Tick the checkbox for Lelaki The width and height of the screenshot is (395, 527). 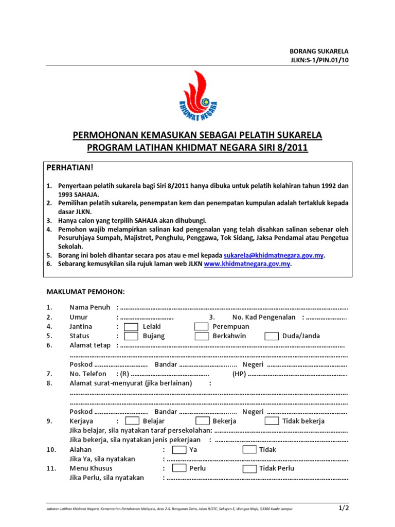(131, 327)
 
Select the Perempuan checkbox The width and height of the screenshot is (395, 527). (201, 327)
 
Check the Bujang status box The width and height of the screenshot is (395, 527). (131, 336)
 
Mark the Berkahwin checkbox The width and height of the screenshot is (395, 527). (201, 336)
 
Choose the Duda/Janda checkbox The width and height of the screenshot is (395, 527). (272, 336)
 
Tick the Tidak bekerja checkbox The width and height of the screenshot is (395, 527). (272, 421)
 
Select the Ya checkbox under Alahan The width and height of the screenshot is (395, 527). (179, 449)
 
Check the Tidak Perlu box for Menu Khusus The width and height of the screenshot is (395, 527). (249, 468)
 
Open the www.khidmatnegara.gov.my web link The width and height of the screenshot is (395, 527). (247, 264)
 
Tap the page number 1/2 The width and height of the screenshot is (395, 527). (343, 508)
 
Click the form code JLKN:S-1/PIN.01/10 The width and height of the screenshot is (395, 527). (319, 60)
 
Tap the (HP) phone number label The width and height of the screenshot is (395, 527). (239, 374)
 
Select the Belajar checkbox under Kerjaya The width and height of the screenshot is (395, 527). (131, 421)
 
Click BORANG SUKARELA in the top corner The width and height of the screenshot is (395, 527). (319, 51)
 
